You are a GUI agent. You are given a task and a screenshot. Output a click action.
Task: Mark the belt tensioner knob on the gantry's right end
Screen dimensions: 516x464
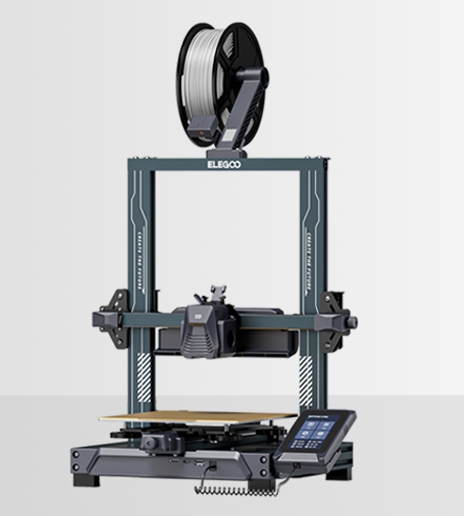tap(351, 323)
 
